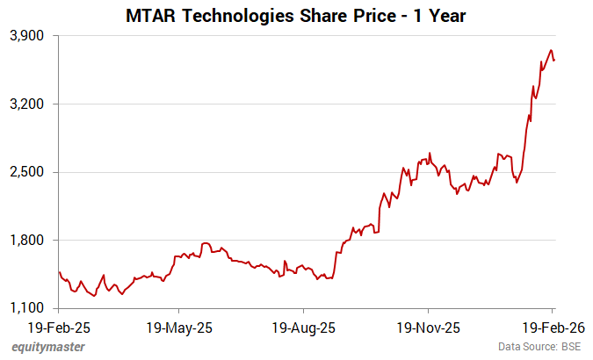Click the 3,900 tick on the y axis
29,36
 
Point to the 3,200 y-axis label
29,104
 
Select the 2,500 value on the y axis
29,172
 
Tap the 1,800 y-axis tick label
29,240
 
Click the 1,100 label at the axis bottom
29,308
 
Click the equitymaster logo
48,348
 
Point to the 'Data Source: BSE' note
539,348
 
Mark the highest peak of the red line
550,50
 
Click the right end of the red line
554,60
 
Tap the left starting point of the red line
59,271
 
